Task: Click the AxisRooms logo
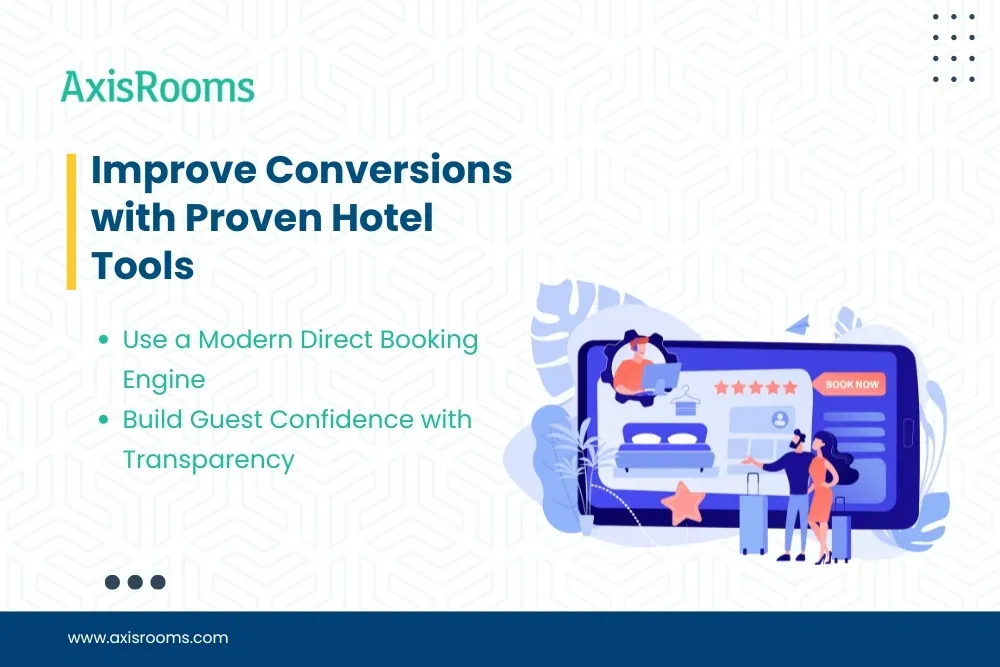(158, 87)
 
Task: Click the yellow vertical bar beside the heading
(71, 221)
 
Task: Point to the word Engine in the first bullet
(163, 380)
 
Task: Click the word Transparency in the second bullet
(208, 459)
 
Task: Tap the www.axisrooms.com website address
(148, 637)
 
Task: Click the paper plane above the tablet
(798, 324)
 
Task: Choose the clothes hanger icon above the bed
(685, 401)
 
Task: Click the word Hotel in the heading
(380, 218)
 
